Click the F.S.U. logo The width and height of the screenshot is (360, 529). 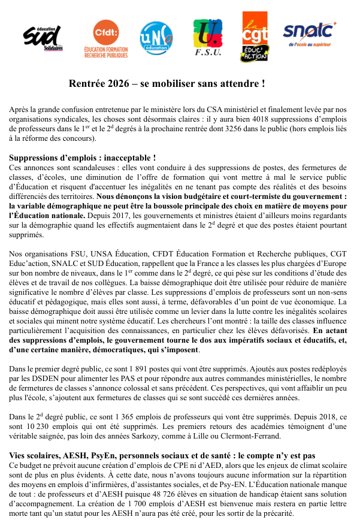click(208, 38)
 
